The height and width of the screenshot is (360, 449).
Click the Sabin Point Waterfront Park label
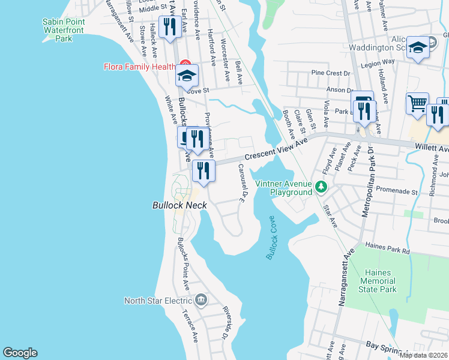[64, 30]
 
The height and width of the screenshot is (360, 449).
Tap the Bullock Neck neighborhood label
[179, 205]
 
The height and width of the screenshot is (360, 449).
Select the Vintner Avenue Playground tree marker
[322, 187]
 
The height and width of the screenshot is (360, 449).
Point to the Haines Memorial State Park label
[379, 281]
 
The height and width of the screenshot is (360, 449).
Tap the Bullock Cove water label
[274, 239]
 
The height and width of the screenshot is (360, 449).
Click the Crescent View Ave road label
[276, 148]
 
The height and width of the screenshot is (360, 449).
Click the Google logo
[20, 353]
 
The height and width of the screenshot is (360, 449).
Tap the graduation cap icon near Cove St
[187, 76]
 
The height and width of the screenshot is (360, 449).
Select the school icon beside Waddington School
[418, 48]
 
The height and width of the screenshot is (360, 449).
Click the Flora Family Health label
[139, 67]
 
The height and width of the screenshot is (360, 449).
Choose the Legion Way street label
[378, 62]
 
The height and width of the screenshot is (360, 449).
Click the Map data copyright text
[424, 355]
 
